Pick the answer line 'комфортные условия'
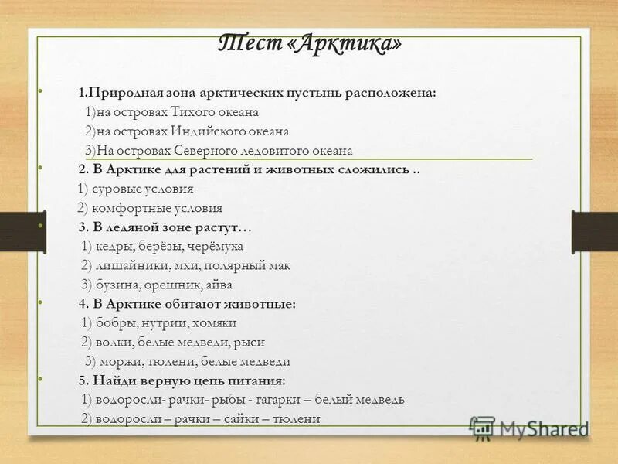(157, 208)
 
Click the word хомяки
(216, 322)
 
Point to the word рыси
(252, 342)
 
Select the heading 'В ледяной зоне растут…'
(171, 227)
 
